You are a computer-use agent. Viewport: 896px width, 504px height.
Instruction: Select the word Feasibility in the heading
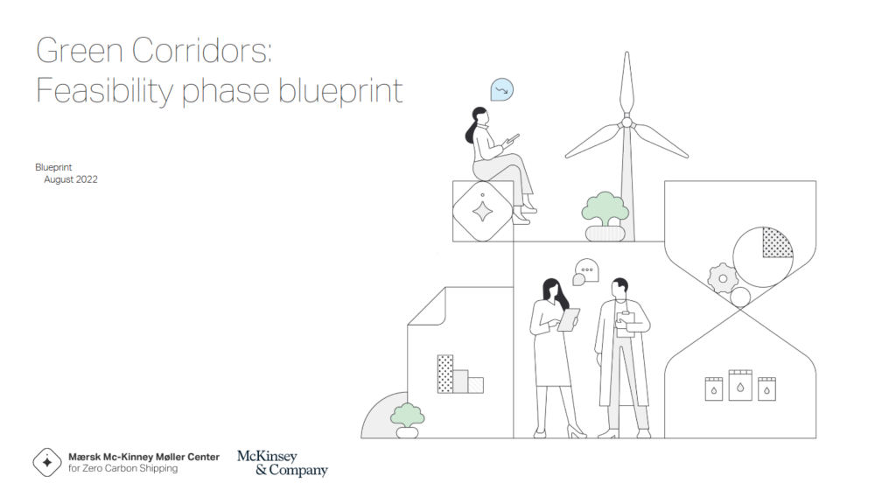105,90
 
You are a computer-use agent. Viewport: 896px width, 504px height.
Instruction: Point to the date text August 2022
71,179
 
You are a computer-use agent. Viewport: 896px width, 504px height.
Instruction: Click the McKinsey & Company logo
282,463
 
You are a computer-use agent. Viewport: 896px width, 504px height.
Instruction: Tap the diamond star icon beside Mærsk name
47,462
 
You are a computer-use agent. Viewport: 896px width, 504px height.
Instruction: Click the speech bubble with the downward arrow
501,89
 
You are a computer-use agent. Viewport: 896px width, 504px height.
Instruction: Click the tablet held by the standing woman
569,319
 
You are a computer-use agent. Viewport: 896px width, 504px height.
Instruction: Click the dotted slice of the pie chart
776,241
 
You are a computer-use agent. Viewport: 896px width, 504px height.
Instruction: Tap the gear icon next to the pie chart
723,278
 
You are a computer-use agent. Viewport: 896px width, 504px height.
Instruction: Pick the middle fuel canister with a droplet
740,384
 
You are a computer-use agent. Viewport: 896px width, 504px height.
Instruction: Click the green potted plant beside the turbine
604,210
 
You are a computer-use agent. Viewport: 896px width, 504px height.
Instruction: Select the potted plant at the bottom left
407,417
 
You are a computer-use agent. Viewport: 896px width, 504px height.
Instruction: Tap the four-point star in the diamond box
482,211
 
